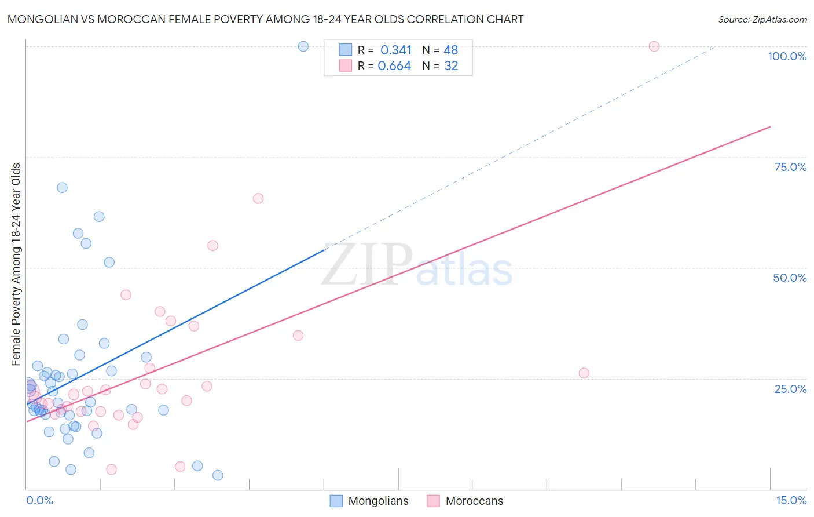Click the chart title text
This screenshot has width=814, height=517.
(x=266, y=19)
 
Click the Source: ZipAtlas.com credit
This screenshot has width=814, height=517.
(x=762, y=19)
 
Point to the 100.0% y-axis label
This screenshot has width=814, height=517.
(x=787, y=56)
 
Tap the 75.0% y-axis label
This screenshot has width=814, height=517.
(x=790, y=167)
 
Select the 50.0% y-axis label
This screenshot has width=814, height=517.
(x=790, y=278)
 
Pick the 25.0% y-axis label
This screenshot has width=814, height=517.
(x=790, y=389)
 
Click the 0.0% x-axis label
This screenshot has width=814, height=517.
(x=39, y=500)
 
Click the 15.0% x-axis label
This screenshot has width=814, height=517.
(x=791, y=500)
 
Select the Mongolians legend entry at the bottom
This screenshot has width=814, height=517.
(x=369, y=501)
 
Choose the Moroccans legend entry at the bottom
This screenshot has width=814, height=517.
(x=465, y=501)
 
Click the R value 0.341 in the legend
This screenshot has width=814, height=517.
(x=396, y=50)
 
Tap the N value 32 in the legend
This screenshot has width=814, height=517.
(x=451, y=66)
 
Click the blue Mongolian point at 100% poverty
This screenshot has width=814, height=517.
(x=303, y=46)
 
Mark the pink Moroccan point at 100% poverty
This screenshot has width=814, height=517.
(x=654, y=46)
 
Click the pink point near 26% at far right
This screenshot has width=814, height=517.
(x=584, y=373)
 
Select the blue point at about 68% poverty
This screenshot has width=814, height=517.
(x=62, y=188)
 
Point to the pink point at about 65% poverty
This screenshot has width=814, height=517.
(x=258, y=198)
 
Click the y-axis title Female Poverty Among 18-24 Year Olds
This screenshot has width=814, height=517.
(x=16, y=264)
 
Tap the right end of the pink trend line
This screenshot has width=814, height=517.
(x=770, y=126)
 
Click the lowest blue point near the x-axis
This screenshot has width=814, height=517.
(x=218, y=475)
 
